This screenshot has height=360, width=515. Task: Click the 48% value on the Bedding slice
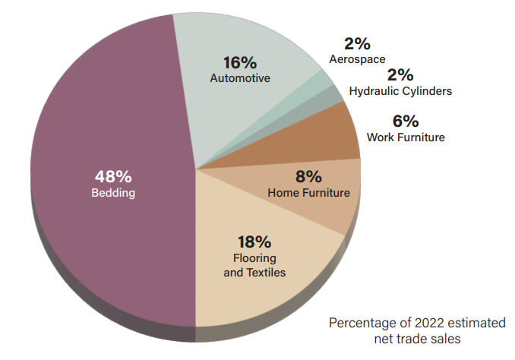(x=113, y=176)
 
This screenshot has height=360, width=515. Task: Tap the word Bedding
(x=113, y=193)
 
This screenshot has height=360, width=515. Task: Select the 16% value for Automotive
(x=240, y=62)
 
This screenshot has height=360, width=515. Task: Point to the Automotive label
(x=240, y=77)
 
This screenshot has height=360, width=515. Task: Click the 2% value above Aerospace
(x=357, y=44)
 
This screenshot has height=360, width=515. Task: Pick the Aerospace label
(x=357, y=58)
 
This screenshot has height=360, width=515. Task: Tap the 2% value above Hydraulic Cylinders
(x=400, y=75)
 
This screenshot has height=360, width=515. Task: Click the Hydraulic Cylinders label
(x=400, y=91)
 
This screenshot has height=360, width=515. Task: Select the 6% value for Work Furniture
(x=406, y=122)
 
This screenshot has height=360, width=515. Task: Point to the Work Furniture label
(x=406, y=137)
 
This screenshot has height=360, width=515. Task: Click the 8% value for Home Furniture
(x=308, y=177)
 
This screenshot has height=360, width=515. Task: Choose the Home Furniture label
(x=308, y=193)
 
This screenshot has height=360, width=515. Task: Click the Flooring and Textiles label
(x=254, y=265)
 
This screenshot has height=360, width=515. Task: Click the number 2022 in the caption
(x=420, y=323)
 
